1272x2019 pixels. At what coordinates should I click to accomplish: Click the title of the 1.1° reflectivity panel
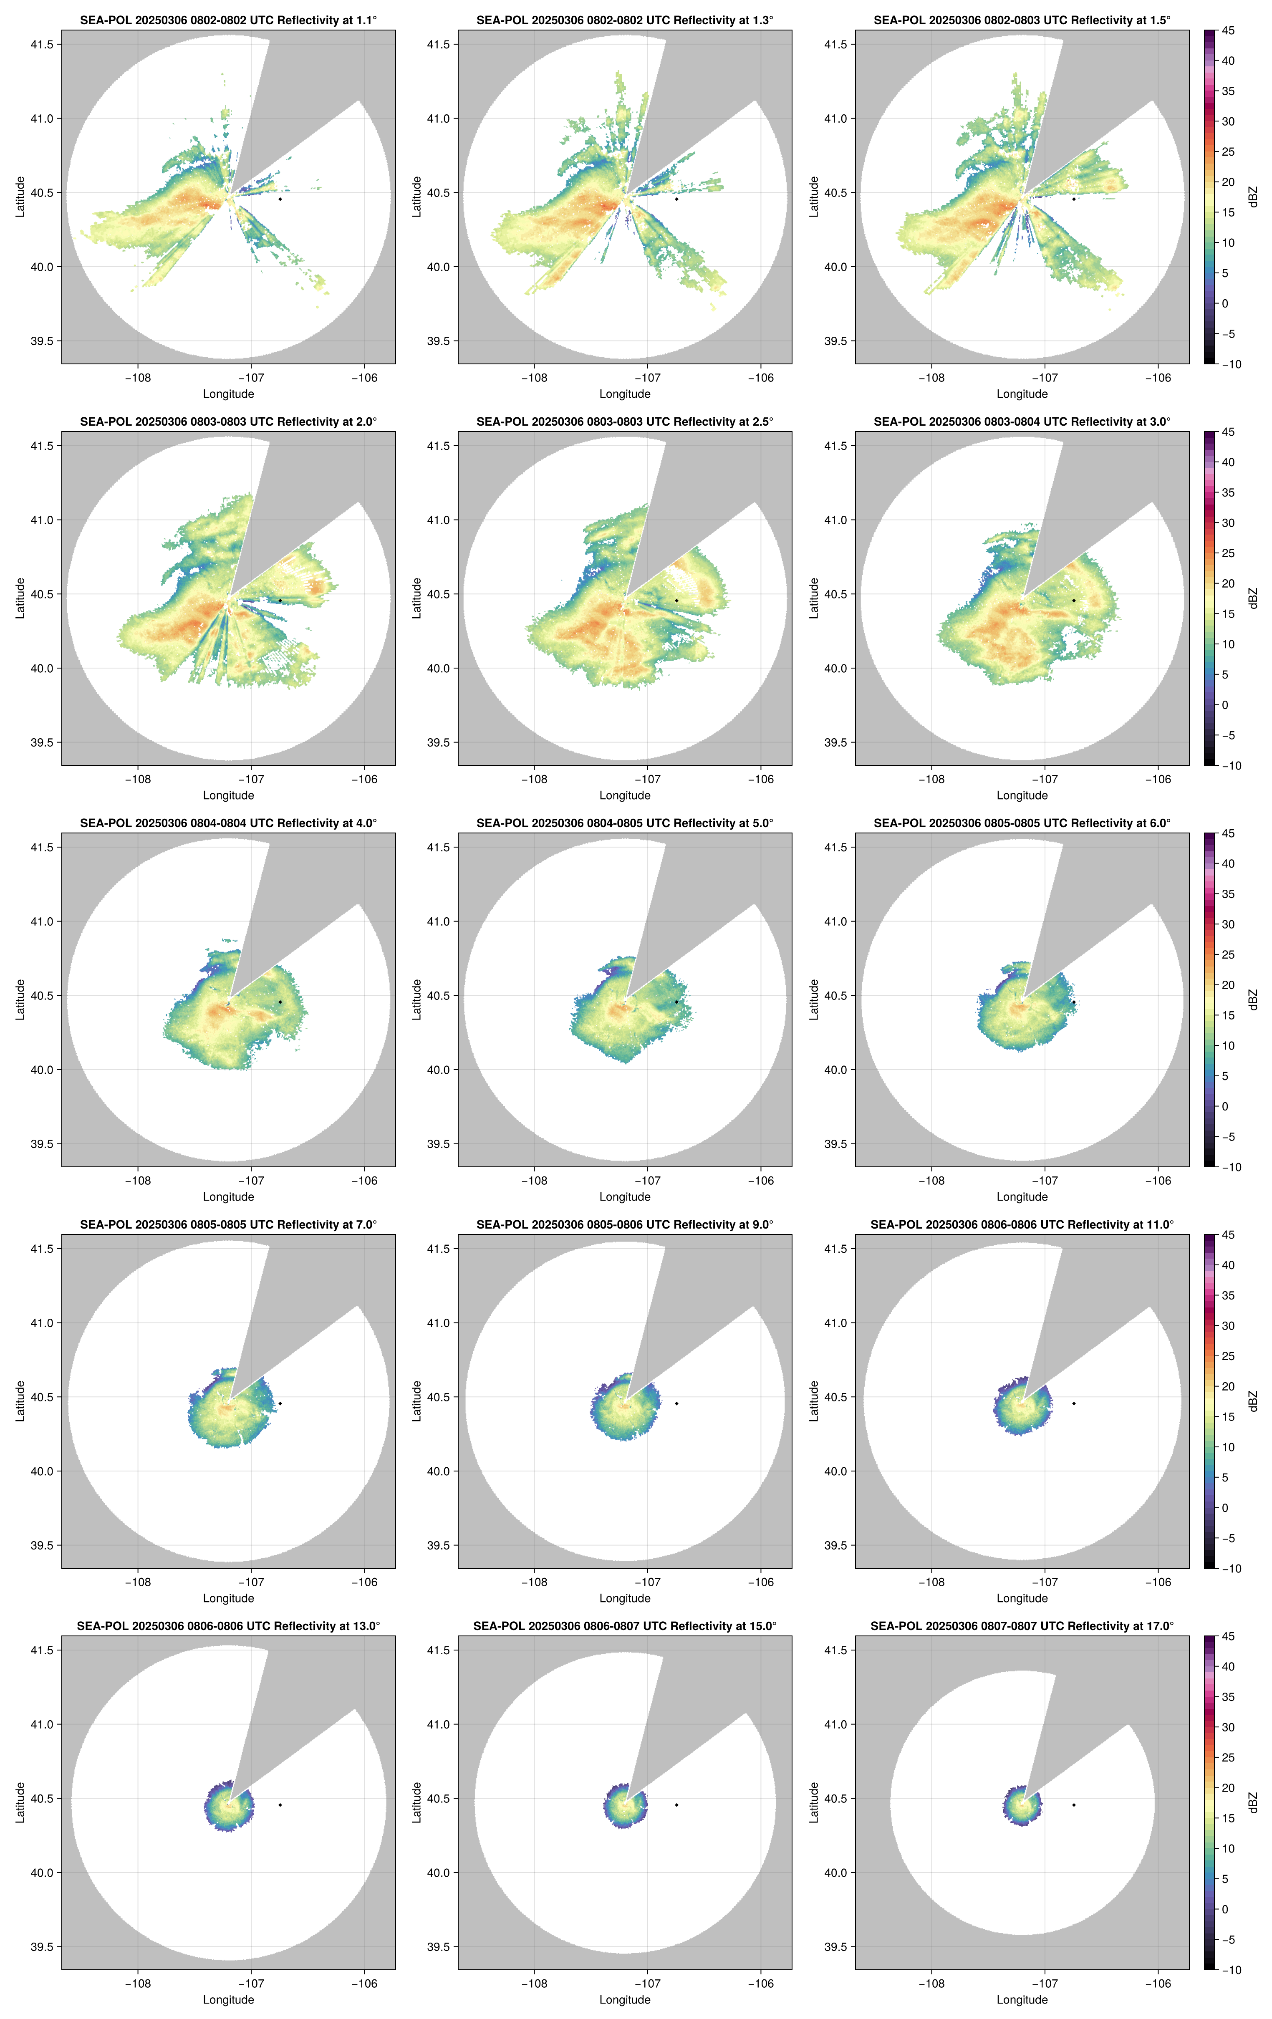click(x=228, y=20)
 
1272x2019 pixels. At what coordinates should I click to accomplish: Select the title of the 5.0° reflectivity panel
click(x=625, y=823)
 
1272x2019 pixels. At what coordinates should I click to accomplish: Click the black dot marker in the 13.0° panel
click(x=280, y=1804)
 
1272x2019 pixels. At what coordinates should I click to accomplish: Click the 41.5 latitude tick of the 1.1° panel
click(x=42, y=44)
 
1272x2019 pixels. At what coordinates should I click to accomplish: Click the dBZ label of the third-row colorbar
click(x=1253, y=999)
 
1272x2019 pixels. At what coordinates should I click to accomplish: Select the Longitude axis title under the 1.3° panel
click(x=625, y=394)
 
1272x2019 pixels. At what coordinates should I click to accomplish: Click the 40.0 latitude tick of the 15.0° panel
click(x=439, y=1872)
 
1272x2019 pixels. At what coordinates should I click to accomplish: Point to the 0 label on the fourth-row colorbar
click(x=1225, y=1507)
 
